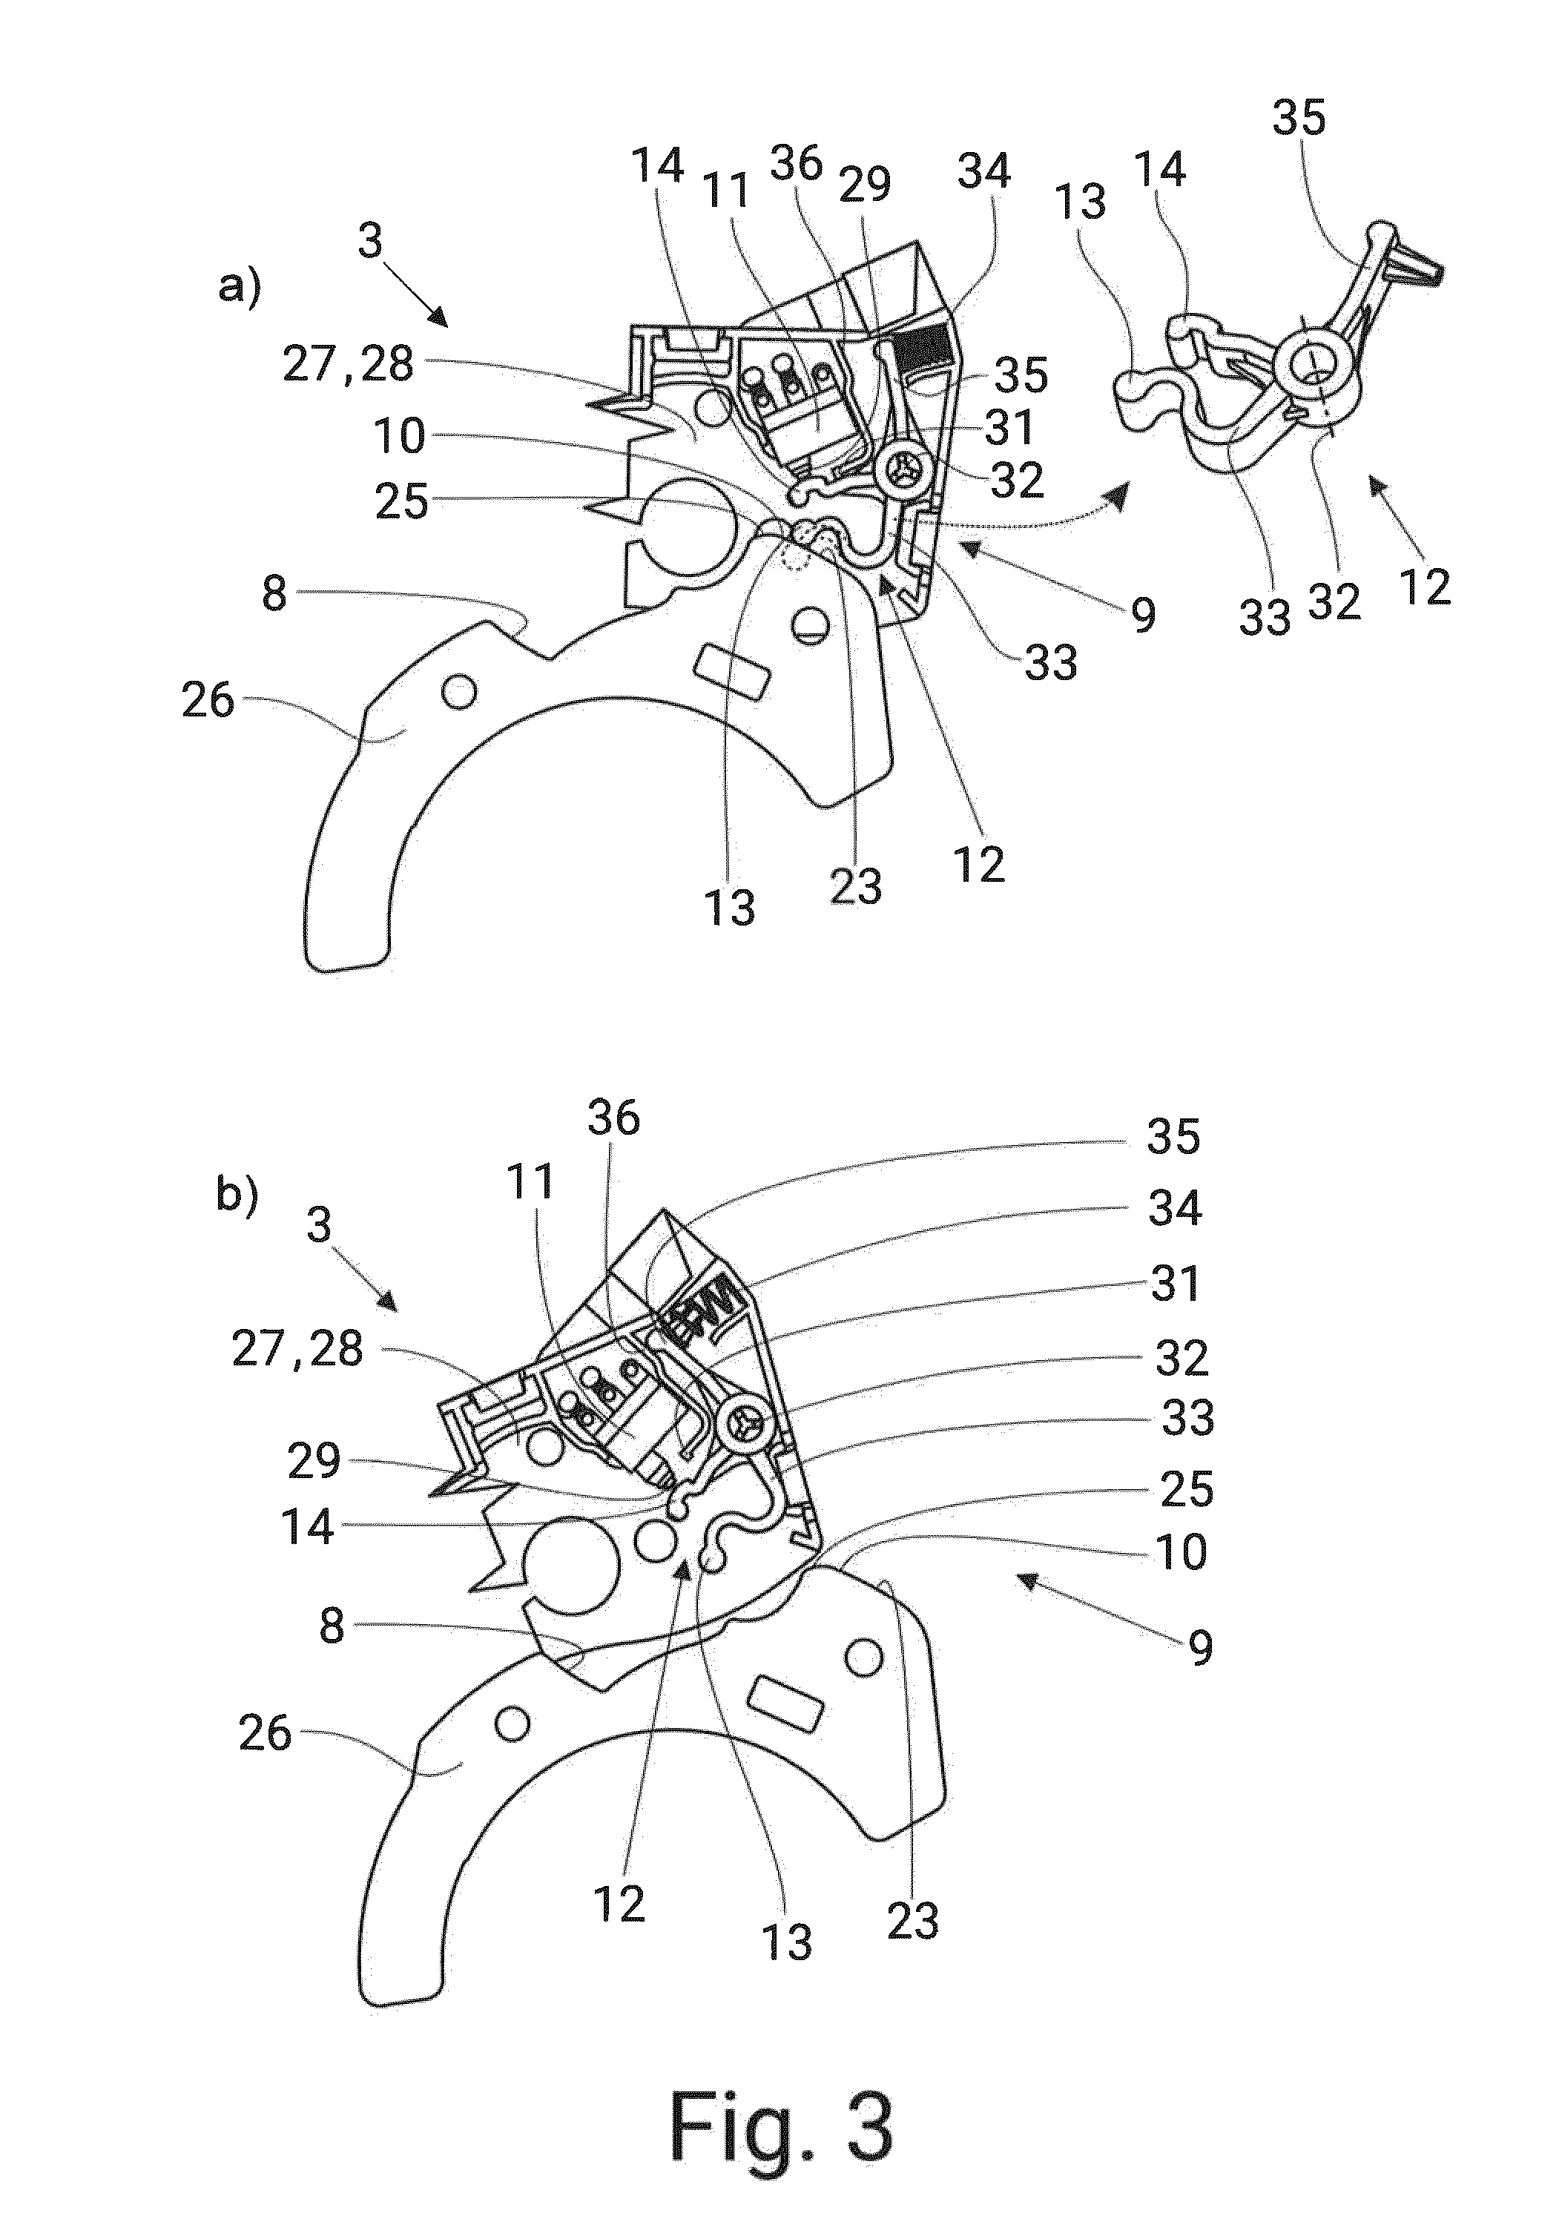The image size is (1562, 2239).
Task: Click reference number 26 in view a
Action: coord(208,700)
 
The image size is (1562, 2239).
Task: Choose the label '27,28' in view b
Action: coord(297,1350)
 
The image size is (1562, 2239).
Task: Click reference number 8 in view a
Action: coord(275,593)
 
